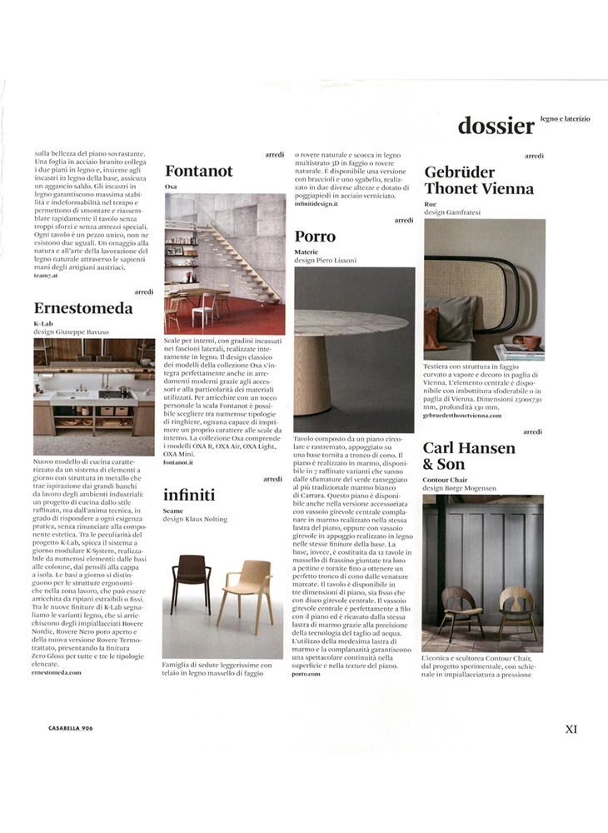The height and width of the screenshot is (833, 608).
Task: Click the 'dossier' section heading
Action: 496,126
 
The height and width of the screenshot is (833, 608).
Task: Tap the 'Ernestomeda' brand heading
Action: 82,308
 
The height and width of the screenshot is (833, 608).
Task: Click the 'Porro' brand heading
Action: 315,236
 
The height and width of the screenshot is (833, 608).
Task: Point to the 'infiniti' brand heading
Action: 189,494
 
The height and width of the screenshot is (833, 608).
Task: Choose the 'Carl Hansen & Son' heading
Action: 469,456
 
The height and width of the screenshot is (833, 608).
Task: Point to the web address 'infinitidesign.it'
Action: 317,202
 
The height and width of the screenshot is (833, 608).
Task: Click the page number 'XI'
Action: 571,729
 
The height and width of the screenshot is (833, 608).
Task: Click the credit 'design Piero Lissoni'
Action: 326,260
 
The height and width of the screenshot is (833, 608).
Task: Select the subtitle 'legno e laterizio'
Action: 565,119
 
